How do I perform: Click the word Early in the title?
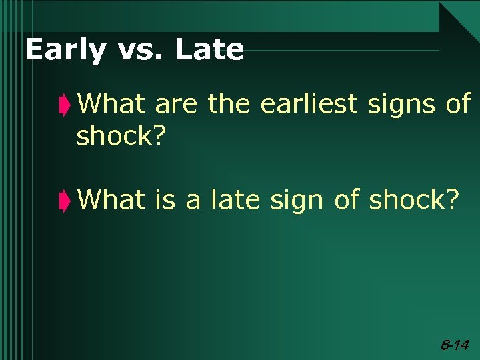(64, 50)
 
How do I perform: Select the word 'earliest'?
(309, 104)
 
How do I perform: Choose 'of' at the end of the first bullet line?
(458, 104)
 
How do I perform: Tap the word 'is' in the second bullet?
(165, 199)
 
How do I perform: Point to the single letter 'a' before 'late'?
(193, 199)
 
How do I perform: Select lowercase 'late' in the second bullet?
(235, 199)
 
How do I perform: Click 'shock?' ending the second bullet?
(413, 199)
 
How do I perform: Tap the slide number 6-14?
(455, 345)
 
